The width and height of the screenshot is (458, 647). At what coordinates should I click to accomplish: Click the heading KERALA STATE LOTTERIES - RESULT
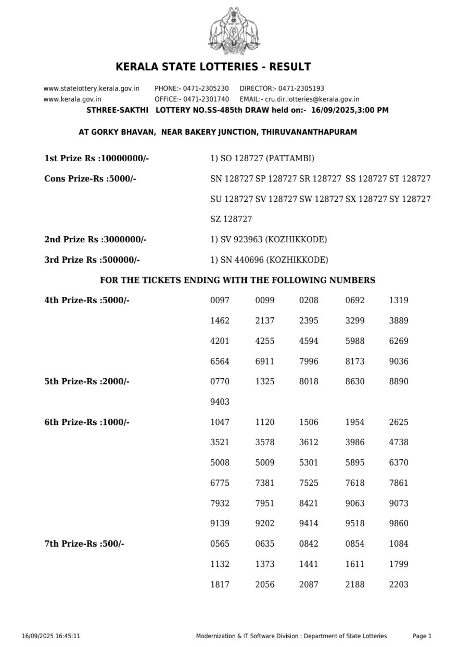(x=213, y=67)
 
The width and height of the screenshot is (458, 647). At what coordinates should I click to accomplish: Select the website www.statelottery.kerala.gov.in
(x=91, y=88)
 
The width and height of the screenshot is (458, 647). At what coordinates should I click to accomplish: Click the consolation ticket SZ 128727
(x=231, y=219)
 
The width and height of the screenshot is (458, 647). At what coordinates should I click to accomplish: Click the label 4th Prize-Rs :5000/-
(x=87, y=300)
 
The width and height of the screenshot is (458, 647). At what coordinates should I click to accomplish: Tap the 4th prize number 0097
(x=220, y=300)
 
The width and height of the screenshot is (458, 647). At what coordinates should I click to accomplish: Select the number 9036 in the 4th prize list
(x=399, y=361)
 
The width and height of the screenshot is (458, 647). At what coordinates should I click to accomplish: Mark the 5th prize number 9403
(x=220, y=402)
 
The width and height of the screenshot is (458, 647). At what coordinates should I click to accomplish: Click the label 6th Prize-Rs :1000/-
(x=87, y=422)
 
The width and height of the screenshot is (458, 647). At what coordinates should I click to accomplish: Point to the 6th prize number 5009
(x=264, y=462)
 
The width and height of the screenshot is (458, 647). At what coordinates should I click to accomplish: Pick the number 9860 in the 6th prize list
(x=399, y=523)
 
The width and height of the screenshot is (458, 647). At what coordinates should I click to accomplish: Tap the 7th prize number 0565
(x=220, y=544)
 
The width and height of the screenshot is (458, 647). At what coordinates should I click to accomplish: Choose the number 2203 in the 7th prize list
(x=399, y=584)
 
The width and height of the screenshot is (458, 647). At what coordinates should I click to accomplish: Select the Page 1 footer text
(x=422, y=636)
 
